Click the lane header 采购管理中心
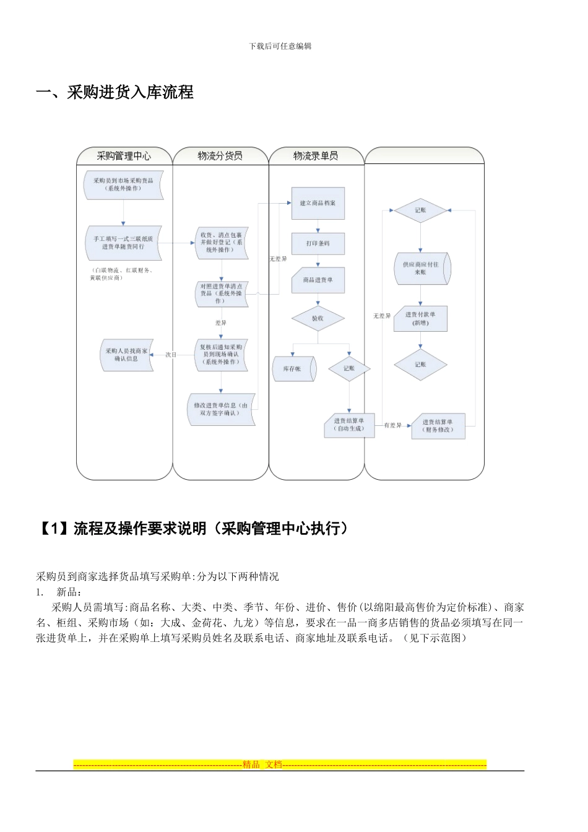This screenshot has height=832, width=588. click(124, 156)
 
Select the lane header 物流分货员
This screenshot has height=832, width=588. click(220, 156)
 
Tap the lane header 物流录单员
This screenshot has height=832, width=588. click(316, 156)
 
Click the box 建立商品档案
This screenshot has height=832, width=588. click(318, 203)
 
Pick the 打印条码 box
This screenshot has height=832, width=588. click(318, 243)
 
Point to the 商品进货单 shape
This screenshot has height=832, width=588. click(318, 280)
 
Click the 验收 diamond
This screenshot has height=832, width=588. click(318, 318)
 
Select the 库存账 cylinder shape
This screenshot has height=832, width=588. click(293, 368)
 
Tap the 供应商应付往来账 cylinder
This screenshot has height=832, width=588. click(422, 268)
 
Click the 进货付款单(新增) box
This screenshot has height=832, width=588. click(420, 318)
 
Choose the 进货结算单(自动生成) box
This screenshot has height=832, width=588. click(349, 425)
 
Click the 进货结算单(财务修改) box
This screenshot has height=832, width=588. click(438, 426)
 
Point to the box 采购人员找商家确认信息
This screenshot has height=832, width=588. click(126, 355)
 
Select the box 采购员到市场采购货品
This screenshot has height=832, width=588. click(123, 184)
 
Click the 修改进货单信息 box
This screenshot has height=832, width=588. click(221, 409)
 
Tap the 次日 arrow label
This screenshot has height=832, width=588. click(171, 355)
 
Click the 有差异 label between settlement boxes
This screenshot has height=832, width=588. click(392, 425)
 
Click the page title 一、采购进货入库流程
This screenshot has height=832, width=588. click(115, 92)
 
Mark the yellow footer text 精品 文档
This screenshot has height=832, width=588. click(262, 765)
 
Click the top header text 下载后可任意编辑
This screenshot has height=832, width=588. click(280, 46)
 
